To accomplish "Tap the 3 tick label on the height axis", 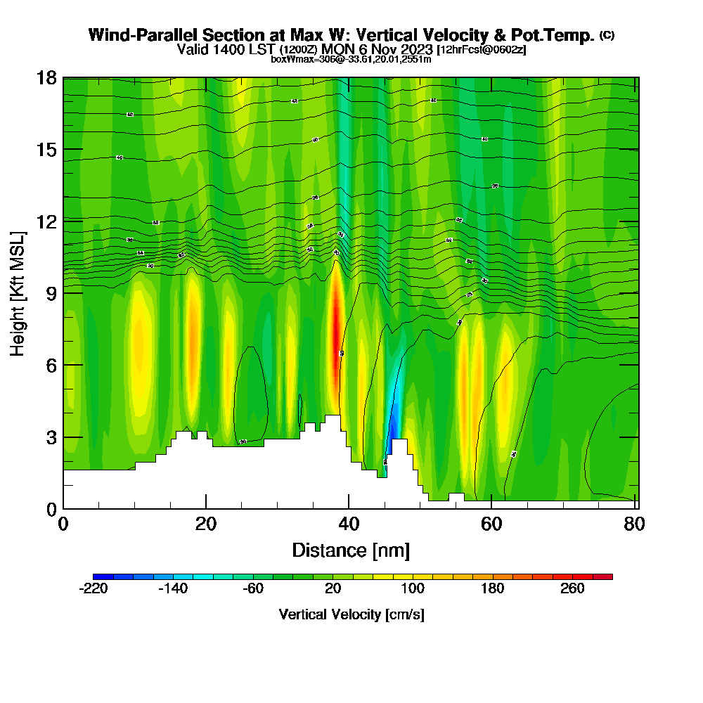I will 51,437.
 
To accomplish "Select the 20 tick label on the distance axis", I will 205,524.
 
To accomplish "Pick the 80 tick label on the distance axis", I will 633,524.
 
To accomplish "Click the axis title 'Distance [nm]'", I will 351,550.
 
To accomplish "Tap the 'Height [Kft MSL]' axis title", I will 18,292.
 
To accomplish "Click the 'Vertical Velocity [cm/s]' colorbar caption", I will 351,614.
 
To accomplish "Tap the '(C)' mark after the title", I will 607,35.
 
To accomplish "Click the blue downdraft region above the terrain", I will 394,422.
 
